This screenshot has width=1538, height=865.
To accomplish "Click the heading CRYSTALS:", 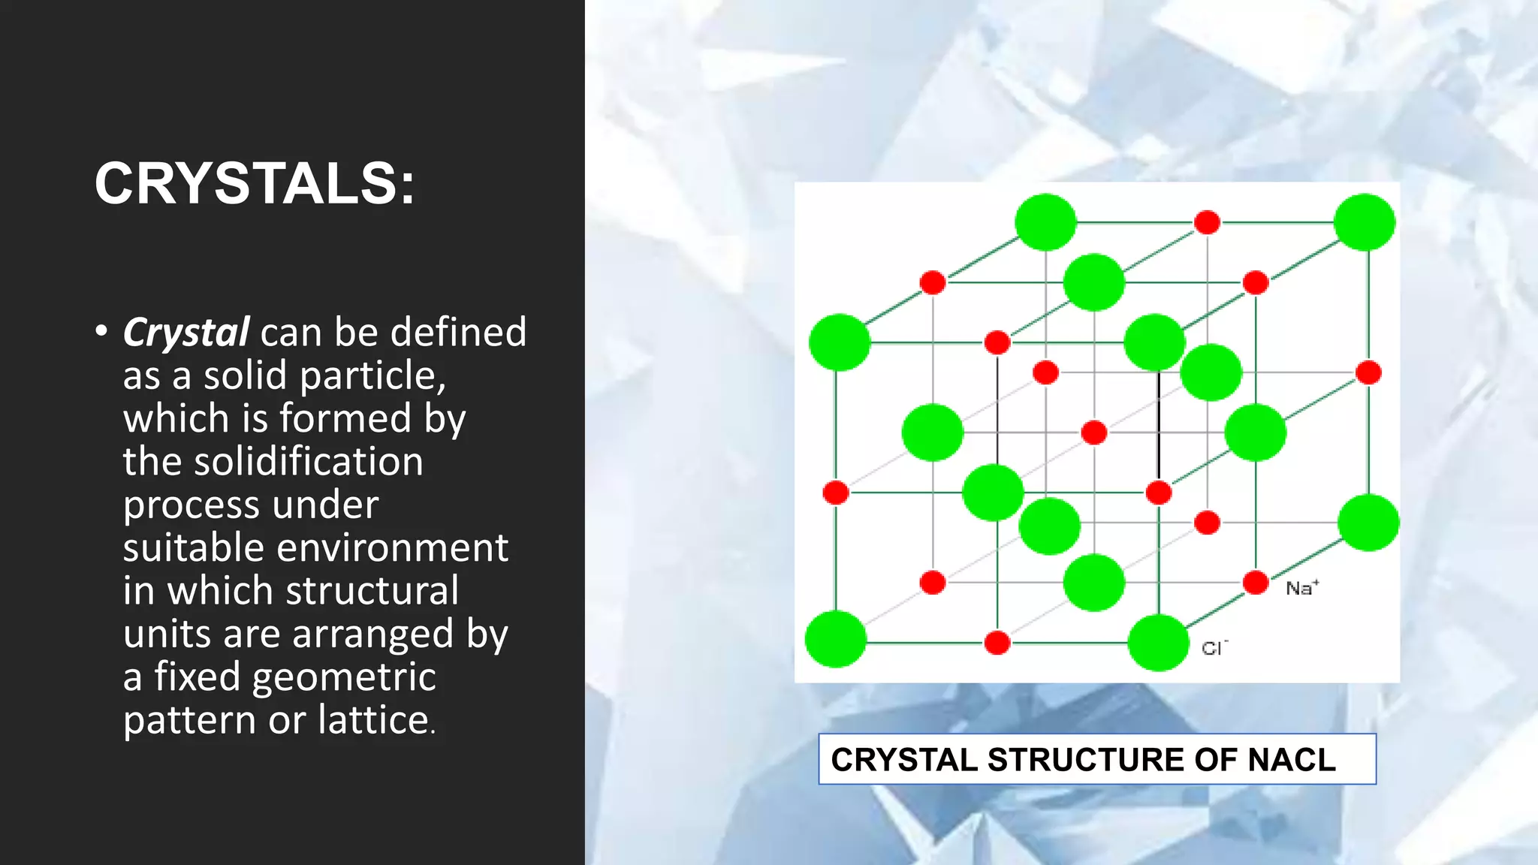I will (254, 184).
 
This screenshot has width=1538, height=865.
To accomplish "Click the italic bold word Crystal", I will (186, 333).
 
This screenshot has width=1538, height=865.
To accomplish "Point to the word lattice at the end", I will (373, 720).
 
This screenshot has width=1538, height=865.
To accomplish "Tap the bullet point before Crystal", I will (101, 331).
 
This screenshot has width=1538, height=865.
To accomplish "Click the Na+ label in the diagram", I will (1301, 588).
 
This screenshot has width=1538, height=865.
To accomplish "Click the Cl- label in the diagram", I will (1214, 648).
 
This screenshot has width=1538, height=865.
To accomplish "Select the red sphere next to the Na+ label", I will (1256, 583).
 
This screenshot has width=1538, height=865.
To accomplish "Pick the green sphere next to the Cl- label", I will (1158, 643).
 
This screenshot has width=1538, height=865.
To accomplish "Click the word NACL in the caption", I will (1291, 760).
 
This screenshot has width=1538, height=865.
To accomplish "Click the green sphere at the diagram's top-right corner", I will (1364, 222).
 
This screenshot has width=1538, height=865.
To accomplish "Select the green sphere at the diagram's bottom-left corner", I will (835, 639).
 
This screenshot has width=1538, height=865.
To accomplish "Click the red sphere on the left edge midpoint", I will (836, 493).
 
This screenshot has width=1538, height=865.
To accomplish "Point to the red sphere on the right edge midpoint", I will (1368, 372).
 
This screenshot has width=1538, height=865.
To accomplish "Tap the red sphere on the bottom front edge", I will (997, 643).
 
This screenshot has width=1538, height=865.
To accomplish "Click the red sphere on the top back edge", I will (1207, 222).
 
